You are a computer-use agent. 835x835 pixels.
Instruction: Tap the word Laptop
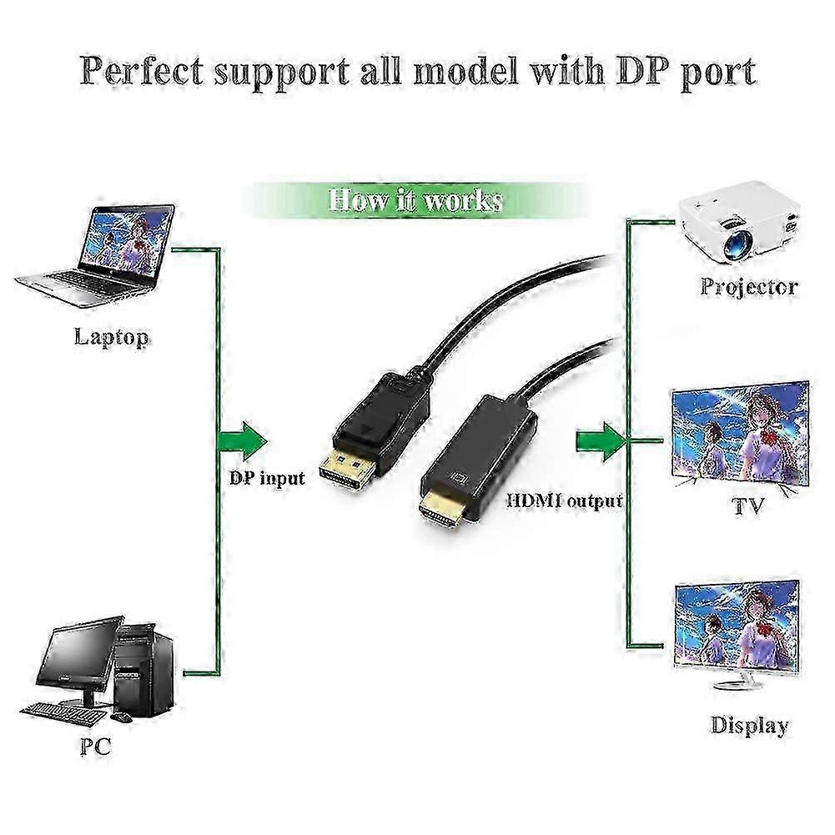(112, 338)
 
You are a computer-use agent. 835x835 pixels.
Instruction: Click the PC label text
(95, 745)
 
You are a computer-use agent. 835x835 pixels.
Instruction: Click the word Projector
(748, 288)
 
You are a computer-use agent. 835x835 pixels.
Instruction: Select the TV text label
(748, 506)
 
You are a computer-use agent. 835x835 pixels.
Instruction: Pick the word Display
(749, 725)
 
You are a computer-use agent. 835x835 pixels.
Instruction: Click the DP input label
(267, 479)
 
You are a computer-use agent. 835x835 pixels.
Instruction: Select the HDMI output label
(565, 501)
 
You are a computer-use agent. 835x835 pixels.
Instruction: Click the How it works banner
(415, 201)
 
